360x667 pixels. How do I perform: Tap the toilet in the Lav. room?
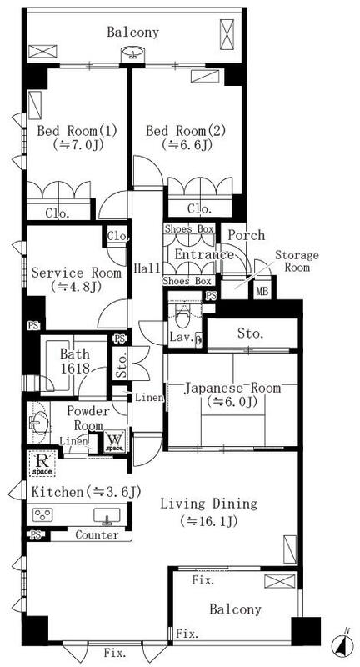pos(182,315)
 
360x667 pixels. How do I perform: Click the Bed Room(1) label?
pos(77,131)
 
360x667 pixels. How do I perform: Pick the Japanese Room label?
pos(232,388)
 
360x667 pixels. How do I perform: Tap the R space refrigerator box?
pos(41,464)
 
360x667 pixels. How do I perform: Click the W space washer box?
pos(115,441)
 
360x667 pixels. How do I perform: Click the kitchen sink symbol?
pos(107,516)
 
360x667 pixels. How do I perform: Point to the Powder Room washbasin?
pos(38,423)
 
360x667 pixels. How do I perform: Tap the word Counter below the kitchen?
pos(97,534)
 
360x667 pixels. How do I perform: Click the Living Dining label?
pos(208,504)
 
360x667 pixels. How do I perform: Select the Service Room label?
pos(77,273)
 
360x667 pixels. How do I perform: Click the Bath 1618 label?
pos(74,361)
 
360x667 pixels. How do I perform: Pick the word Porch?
pos(247,235)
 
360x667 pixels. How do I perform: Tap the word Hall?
pos(147,268)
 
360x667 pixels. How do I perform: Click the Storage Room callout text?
pos(297,261)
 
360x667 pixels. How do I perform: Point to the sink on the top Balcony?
pos(134,55)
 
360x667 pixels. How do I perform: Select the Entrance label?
pos(204,255)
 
